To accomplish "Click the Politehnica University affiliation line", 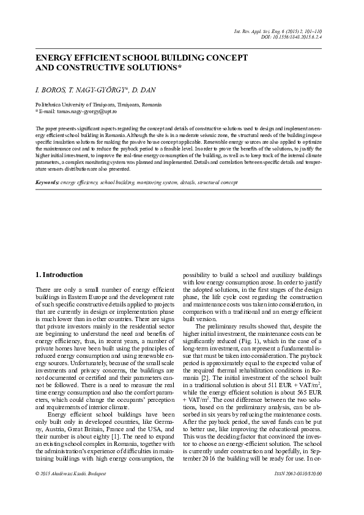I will point(98,105).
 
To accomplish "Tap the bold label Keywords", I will point(47,182).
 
